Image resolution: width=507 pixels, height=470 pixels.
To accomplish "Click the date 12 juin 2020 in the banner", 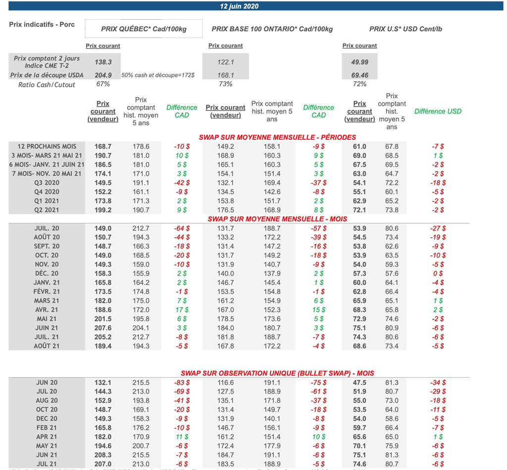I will point(239,6).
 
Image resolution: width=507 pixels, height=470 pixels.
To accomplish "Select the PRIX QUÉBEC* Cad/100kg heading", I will point(144,29).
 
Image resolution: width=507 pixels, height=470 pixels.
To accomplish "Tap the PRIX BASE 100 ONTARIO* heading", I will point(272,29).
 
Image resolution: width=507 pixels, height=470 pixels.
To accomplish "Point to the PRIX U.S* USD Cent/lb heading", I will point(406,29).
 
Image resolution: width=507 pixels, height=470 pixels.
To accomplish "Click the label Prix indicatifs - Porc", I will point(42,24).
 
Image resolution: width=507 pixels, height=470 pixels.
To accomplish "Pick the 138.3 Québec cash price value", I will point(103,62).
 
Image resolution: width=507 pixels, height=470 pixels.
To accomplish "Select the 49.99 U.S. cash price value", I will point(359,62).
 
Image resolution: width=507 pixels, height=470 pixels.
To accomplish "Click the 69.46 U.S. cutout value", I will point(359,75).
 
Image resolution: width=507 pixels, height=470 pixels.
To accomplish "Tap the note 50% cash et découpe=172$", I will point(158,75).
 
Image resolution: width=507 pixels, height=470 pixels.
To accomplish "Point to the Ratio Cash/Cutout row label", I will point(47,85).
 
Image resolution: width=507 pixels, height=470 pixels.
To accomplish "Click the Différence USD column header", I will point(438,111).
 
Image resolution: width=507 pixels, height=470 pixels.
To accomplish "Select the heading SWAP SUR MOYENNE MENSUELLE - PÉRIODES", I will point(277,137).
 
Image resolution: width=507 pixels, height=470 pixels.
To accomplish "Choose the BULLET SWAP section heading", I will point(277,373).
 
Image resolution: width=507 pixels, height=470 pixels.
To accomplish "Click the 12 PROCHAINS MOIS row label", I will point(47,146).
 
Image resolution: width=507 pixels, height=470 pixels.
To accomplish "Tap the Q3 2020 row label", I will point(47,182).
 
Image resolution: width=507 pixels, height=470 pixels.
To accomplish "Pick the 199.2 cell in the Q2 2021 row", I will point(103,210).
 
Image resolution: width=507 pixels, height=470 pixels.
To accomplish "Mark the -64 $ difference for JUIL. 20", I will point(182,228).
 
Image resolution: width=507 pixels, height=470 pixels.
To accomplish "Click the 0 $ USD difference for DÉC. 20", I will point(438,273).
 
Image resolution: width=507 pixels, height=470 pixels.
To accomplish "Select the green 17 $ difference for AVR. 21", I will point(182,309).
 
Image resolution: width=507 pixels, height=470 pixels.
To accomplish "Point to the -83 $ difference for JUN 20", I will point(182,382).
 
